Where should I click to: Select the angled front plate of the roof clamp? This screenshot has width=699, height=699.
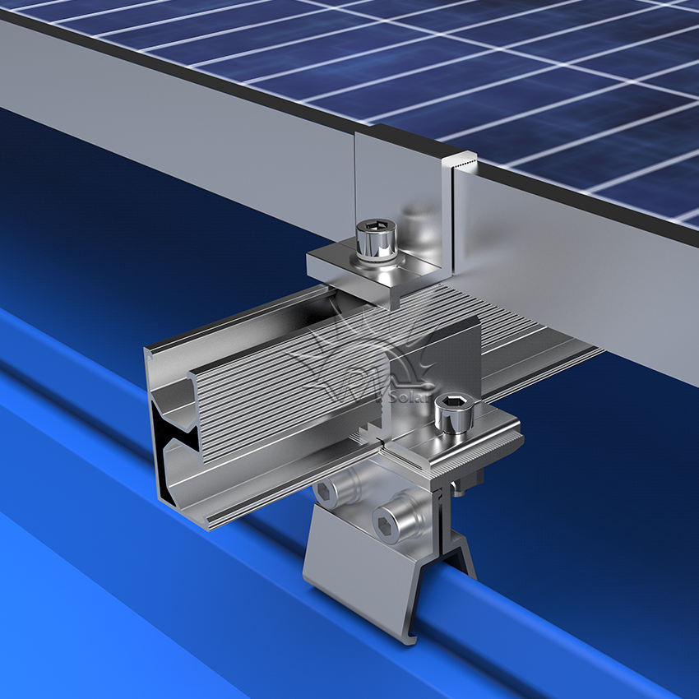pyautogui.click(x=362, y=584)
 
